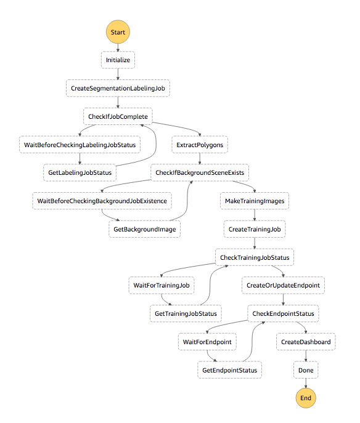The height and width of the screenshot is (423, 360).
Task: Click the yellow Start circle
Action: pyautogui.click(x=118, y=32)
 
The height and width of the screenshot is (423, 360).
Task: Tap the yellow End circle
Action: pyautogui.click(x=306, y=398)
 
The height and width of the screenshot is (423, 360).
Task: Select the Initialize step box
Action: pyautogui.click(x=118, y=60)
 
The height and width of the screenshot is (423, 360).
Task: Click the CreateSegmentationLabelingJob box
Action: pyautogui.click(x=118, y=88)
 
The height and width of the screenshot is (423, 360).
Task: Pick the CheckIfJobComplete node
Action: pyautogui.click(x=118, y=116)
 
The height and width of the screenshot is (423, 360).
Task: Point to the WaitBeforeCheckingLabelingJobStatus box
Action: pyautogui.click(x=80, y=145)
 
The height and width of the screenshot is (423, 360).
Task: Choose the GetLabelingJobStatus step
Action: pyautogui.click(x=80, y=172)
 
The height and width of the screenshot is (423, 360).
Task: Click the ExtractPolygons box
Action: pyautogui.click(x=200, y=145)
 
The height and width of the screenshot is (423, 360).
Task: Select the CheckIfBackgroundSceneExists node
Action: pyautogui.click(x=200, y=172)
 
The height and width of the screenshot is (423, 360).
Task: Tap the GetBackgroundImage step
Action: pyautogui.click(x=144, y=229)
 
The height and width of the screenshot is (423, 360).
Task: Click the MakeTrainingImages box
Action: pyautogui.click(x=255, y=201)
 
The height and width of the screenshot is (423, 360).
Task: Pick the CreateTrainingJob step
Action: pyautogui.click(x=255, y=229)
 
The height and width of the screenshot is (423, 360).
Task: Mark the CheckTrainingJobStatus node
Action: pyautogui.click(x=255, y=257)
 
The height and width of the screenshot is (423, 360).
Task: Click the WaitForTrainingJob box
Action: pyautogui.click(x=162, y=286)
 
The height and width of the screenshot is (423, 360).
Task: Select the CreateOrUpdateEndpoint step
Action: pyautogui.click(x=283, y=286)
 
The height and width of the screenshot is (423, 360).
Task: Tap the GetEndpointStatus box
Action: pyautogui.click(x=229, y=370)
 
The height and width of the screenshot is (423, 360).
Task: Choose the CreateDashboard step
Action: pyautogui.click(x=306, y=342)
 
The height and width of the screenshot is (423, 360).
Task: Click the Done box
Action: pyautogui.click(x=306, y=370)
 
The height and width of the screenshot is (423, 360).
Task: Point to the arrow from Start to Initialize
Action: pyautogui.click(x=118, y=47)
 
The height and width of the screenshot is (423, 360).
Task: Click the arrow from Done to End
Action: pyautogui.click(x=306, y=384)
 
